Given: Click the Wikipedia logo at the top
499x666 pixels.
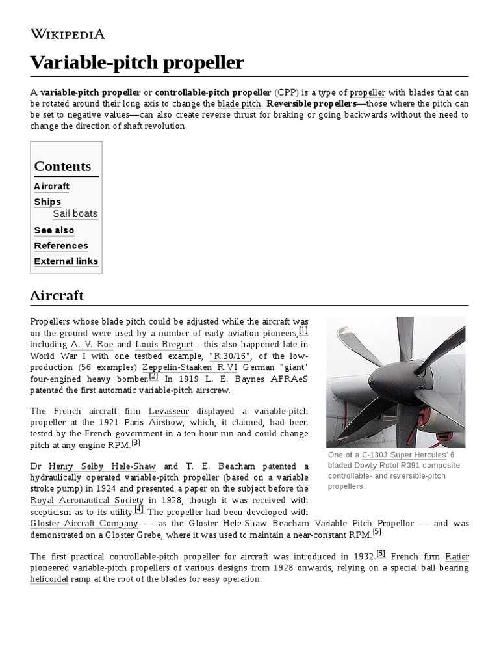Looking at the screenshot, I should point(68,34).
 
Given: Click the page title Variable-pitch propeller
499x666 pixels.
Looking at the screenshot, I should point(137,62).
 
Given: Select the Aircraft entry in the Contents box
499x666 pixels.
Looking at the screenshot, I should point(52,186).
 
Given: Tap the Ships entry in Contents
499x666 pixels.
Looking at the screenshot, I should point(47,202).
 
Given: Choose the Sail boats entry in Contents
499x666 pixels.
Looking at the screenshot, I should point(75,213).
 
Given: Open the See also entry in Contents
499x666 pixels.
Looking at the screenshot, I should point(54,230).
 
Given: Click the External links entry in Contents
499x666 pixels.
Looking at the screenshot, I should point(66,261).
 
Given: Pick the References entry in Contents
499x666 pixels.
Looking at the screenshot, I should point(61,246).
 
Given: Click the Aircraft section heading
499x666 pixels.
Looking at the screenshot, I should point(57,295).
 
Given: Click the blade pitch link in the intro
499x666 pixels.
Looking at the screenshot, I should point(238,104).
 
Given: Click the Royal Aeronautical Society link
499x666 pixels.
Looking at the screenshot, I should point(86,500).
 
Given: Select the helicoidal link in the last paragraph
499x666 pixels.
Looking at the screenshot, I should point(49,578).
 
